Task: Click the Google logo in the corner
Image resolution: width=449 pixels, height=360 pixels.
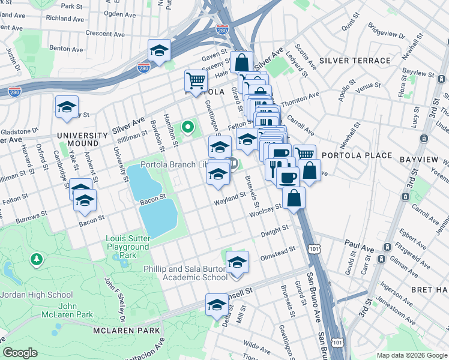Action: (20, 353)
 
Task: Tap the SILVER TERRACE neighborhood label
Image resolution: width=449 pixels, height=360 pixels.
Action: (355, 61)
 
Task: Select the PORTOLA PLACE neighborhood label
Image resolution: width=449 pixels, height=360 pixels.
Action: (357, 155)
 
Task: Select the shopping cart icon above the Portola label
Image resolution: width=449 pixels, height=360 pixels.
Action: (196, 79)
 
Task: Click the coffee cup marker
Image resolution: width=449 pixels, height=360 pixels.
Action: (288, 177)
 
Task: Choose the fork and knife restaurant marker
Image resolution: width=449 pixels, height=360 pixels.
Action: (276, 167)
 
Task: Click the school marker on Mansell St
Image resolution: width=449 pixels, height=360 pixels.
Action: (217, 305)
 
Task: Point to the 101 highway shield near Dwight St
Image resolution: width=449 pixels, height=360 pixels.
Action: (313, 247)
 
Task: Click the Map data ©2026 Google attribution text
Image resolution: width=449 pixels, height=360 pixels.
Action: (411, 355)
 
